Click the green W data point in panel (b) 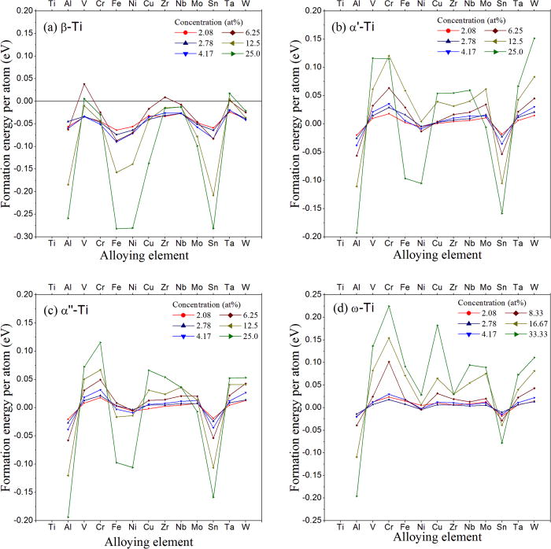pyautogui.click(x=533, y=38)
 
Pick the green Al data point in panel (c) pyautogui.click(x=68, y=517)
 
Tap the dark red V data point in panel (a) pyautogui.click(x=84, y=84)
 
